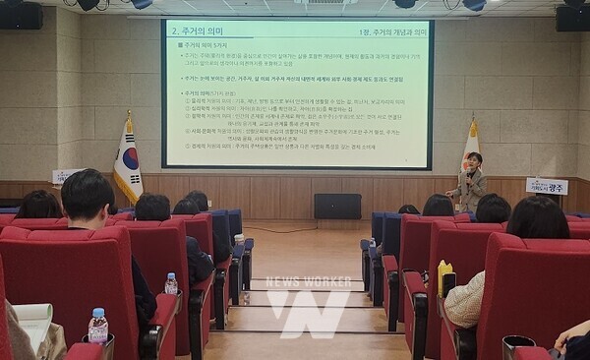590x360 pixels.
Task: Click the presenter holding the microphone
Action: point(471,184)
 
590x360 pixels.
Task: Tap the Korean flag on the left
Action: point(127,161)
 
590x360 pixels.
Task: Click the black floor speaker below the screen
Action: point(337,206)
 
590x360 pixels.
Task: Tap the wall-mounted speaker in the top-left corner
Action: point(21,15)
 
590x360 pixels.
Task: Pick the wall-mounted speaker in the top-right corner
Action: point(572,17)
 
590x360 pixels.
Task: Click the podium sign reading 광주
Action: point(546,186)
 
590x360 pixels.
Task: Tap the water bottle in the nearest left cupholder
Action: point(98,326)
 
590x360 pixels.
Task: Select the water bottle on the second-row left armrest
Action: point(171,283)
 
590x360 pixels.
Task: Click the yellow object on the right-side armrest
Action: point(444,277)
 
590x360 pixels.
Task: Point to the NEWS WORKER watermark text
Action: point(308,282)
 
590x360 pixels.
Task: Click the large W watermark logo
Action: point(308,313)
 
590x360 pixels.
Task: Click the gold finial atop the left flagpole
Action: point(128,114)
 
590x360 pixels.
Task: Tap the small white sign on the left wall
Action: point(66,176)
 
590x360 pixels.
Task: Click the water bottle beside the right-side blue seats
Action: point(373,248)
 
